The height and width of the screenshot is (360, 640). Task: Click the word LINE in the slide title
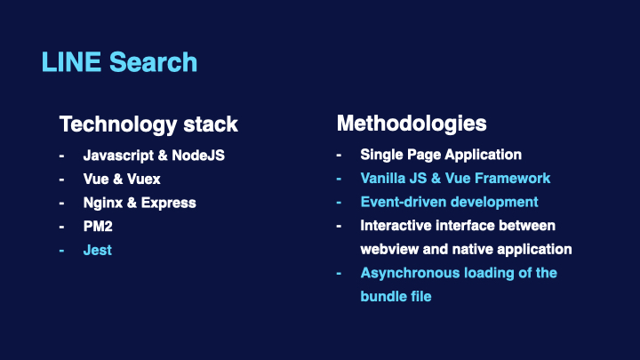71,62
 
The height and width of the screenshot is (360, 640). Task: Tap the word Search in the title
153,62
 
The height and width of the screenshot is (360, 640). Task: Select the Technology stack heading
148,124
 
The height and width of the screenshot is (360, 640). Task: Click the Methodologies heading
412,124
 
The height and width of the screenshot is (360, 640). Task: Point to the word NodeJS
198,155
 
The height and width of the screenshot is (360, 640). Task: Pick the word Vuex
144,180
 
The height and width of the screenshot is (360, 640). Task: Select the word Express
169,204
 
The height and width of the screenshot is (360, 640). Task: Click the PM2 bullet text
98,226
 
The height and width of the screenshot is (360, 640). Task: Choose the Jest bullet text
98,250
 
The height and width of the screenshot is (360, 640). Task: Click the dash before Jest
61,250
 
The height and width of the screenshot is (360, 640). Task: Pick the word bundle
383,296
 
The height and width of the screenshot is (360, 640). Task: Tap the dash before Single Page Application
339,155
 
